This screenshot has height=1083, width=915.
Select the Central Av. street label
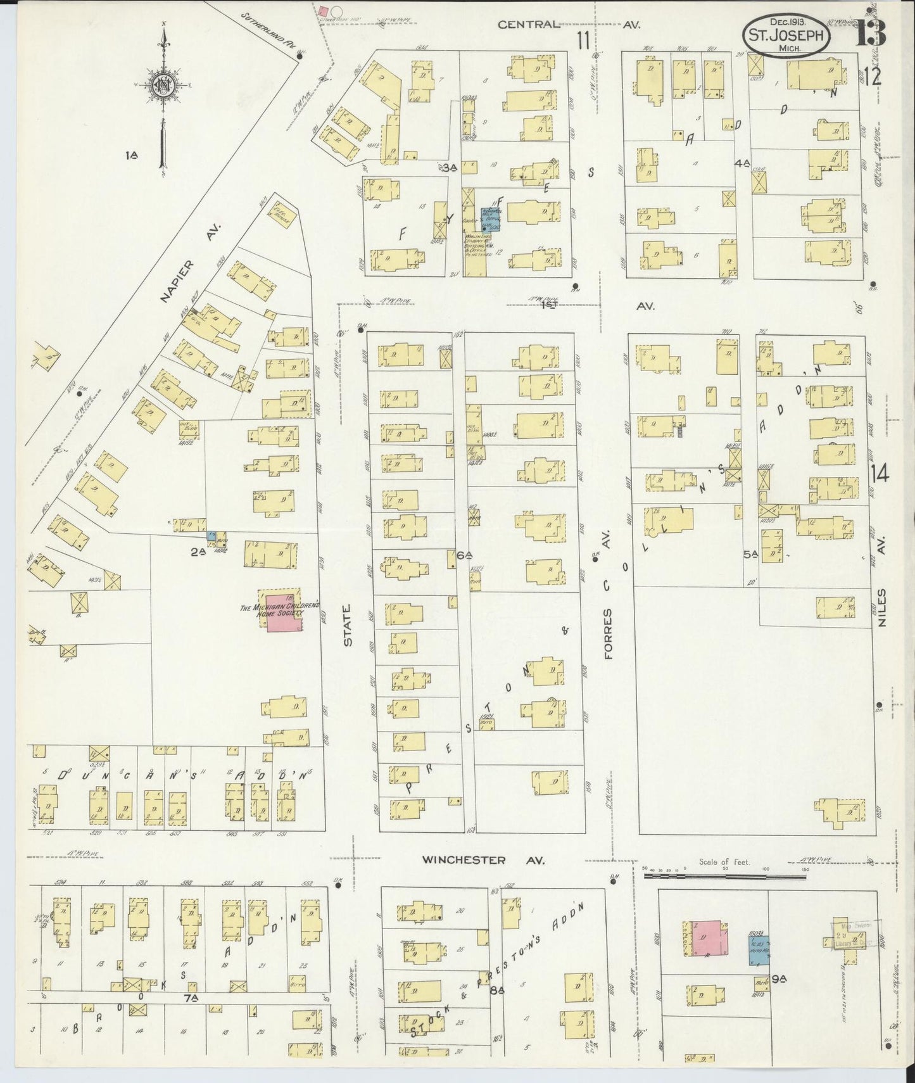point(568,25)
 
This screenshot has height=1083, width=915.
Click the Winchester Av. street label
point(483,859)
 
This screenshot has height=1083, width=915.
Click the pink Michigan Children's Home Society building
point(282,612)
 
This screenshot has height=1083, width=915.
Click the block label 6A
point(464,555)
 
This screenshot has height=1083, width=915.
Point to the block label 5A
point(751,555)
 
